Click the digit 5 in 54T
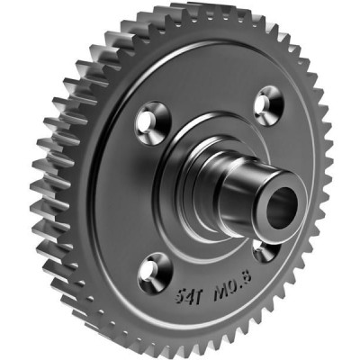(180, 297)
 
